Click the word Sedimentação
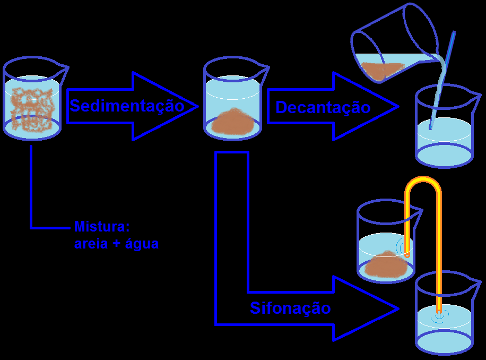127,106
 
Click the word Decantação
323,107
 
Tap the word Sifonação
290,308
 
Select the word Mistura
100,227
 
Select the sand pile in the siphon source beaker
386,265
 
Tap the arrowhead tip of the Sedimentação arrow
197,106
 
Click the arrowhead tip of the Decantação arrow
397,106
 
